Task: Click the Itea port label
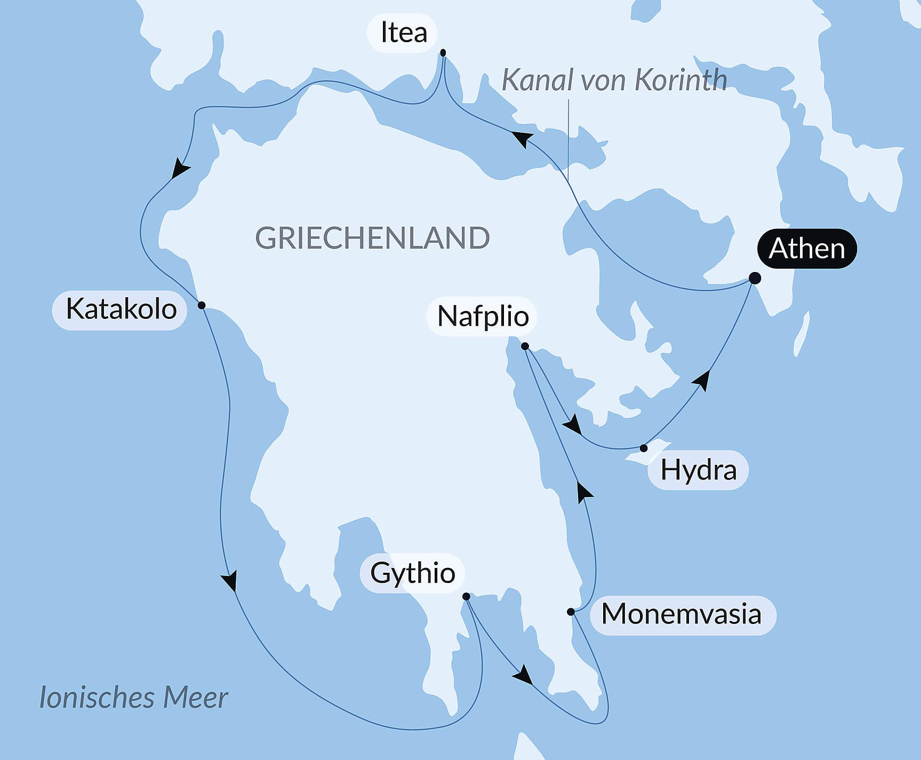coord(403,33)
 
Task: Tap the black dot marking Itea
coord(443,53)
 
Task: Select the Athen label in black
coord(806,249)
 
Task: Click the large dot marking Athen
coord(755,278)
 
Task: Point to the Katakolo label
coord(121,309)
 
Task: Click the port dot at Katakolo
coord(202,306)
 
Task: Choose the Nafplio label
coord(482,316)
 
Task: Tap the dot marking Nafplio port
coord(525,346)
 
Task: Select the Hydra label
coord(698,470)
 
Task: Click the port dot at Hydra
coord(644,448)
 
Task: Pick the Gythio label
coord(412,573)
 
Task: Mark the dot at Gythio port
coord(466,596)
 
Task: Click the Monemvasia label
coord(681,614)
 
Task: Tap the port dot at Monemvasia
coord(571,612)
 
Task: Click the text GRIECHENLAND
coord(372,238)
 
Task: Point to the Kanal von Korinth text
coord(614,81)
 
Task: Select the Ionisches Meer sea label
coord(133,698)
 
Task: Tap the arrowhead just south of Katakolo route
coord(230,581)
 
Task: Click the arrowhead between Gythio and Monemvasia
coord(523,675)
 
